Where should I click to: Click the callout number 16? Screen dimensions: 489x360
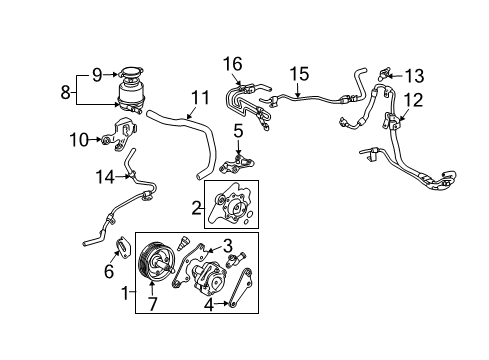pos(233,64)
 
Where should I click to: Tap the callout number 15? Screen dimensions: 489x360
pos(299,74)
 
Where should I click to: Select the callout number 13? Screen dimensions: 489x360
pos(414,76)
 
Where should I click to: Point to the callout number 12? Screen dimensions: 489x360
pos(413,100)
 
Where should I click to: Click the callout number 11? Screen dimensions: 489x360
pos(200,98)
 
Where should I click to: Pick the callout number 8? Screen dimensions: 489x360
pos(65,92)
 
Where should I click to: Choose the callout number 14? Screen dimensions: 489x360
pos(105,177)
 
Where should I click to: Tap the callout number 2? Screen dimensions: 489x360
pos(196,208)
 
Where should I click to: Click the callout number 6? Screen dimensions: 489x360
pos(109,271)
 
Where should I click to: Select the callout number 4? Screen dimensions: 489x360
pos(209,305)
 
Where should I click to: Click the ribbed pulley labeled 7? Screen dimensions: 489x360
pos(156,265)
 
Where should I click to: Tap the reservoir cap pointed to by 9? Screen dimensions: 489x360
pos(131,72)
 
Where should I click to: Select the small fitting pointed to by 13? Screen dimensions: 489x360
pos(384,74)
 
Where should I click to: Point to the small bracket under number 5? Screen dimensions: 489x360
pos(237,164)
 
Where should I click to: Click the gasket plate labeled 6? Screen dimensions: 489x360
pos(123,247)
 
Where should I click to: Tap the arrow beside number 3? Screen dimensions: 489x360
pos(213,249)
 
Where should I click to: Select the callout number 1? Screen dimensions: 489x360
pos(125,293)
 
